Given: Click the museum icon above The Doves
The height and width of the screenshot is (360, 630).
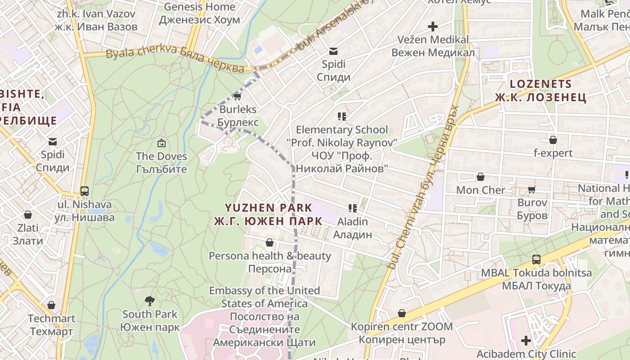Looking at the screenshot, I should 161,144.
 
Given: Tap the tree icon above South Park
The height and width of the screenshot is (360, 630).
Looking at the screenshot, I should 150,301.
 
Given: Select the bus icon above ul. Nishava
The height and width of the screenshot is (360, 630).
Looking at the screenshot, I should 84,191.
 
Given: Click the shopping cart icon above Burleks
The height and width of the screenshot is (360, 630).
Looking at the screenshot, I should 238,96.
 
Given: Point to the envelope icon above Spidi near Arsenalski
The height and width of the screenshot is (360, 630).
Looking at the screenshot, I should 333,51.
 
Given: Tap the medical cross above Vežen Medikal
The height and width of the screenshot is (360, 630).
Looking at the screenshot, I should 433,27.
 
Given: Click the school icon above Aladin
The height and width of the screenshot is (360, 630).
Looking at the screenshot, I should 353,208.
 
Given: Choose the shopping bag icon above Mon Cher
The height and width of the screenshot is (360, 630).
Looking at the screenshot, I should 481,177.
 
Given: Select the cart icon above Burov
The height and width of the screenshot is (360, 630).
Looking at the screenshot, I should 532,189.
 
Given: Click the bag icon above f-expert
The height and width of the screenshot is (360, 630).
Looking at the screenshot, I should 553,140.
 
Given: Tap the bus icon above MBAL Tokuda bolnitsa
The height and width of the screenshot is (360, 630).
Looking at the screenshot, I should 536,260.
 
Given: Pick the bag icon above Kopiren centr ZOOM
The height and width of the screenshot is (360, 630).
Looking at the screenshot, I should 402,313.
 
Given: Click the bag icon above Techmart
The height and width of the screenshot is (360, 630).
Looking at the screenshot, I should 51,305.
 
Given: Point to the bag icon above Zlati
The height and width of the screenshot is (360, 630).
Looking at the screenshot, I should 28,215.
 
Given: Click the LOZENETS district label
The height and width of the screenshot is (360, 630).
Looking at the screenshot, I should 540,90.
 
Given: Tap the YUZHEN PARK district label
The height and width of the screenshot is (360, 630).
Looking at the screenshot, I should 268,214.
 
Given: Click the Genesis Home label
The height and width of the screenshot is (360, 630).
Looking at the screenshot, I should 199,13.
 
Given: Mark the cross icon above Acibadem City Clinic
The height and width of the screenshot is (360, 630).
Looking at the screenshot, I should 526,341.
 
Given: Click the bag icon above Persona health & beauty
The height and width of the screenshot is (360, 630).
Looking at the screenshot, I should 270,243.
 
